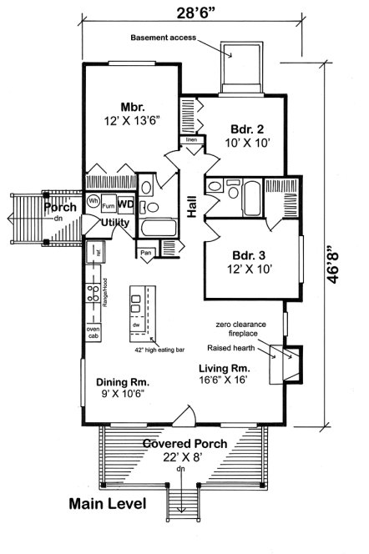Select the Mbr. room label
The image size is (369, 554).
point(134,106)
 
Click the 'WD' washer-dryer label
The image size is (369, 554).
point(124,204)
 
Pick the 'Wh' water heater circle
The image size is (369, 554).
point(94,201)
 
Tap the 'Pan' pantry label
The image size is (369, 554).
point(146,252)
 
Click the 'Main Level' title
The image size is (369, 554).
point(108,504)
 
